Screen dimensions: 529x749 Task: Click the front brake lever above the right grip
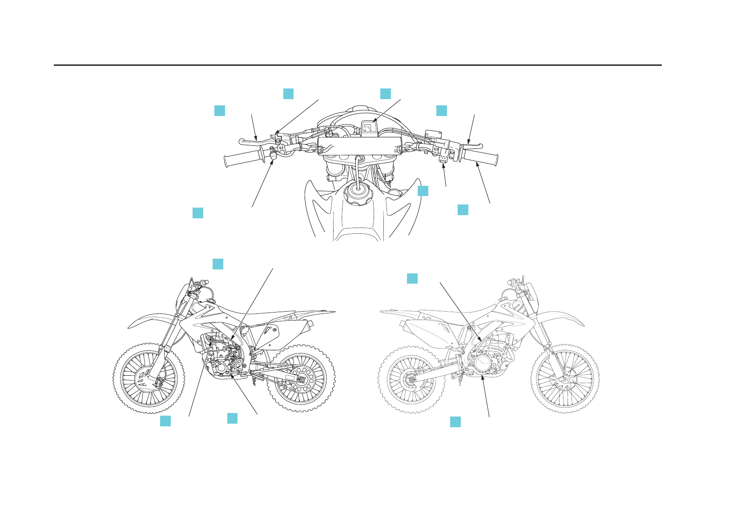pos(471,146)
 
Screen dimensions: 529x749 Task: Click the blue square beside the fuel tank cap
pos(423,191)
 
